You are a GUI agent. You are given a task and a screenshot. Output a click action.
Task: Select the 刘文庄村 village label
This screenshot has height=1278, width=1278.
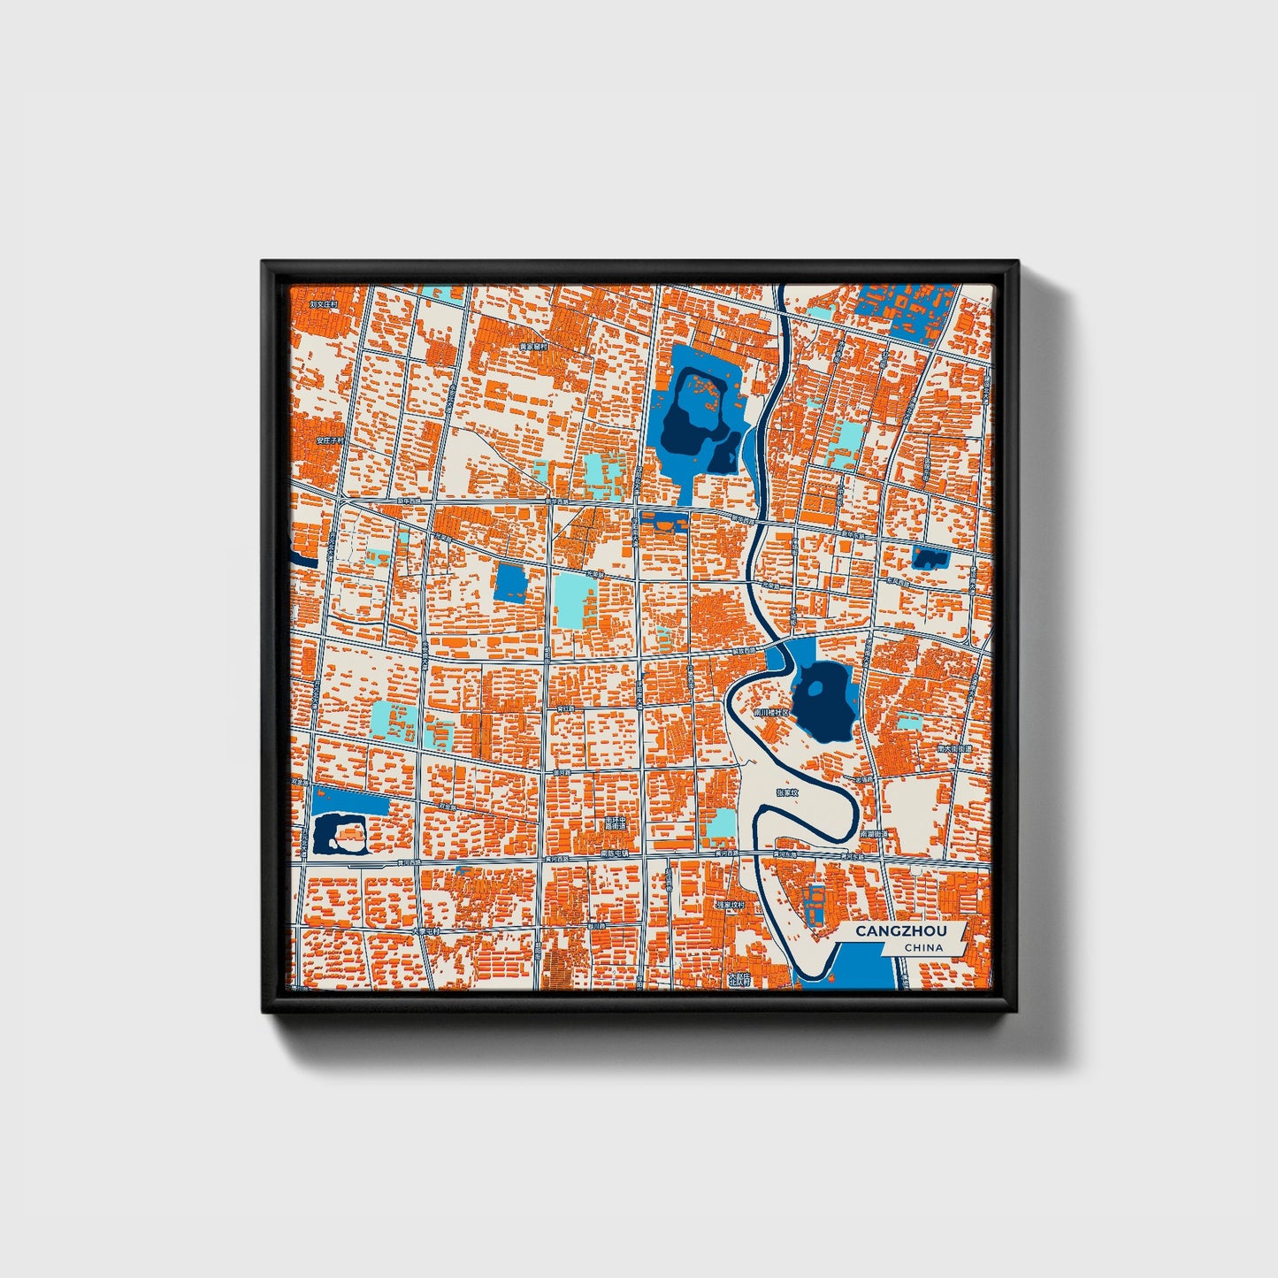tap(324, 303)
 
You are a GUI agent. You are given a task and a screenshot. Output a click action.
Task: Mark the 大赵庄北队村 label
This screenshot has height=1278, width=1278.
tap(738, 978)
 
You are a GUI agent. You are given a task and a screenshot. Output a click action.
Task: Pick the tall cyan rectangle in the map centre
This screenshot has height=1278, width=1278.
tap(575, 599)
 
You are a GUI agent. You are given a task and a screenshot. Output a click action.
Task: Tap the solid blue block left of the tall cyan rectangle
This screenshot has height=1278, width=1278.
tap(511, 583)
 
